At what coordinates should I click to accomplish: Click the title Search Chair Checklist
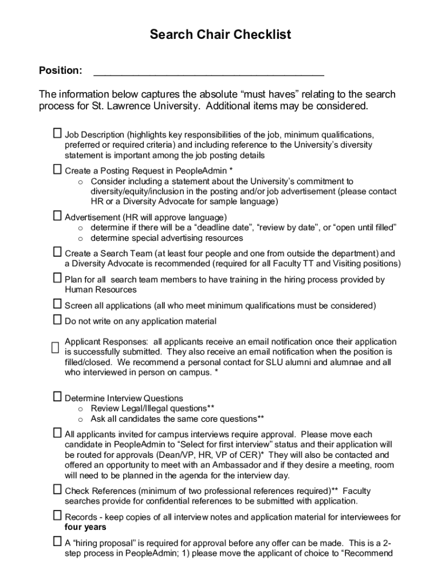(220, 35)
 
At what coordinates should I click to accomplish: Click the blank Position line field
(208, 72)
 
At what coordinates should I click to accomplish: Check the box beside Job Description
(57, 133)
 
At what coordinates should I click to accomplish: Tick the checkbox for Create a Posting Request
(57, 169)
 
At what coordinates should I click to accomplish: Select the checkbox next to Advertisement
(57, 216)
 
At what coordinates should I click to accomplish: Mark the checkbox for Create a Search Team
(57, 252)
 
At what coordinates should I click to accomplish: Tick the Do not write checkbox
(57, 320)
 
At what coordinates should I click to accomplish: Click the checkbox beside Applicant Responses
(55, 347)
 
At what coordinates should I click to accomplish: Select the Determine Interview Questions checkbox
(57, 397)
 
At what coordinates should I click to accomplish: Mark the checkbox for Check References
(57, 489)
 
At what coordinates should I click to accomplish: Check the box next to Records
(57, 516)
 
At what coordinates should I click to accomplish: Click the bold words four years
(85, 527)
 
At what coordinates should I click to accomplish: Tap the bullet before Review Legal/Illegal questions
(81, 409)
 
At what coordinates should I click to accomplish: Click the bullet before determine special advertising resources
(81, 239)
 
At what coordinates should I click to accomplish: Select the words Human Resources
(93, 290)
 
